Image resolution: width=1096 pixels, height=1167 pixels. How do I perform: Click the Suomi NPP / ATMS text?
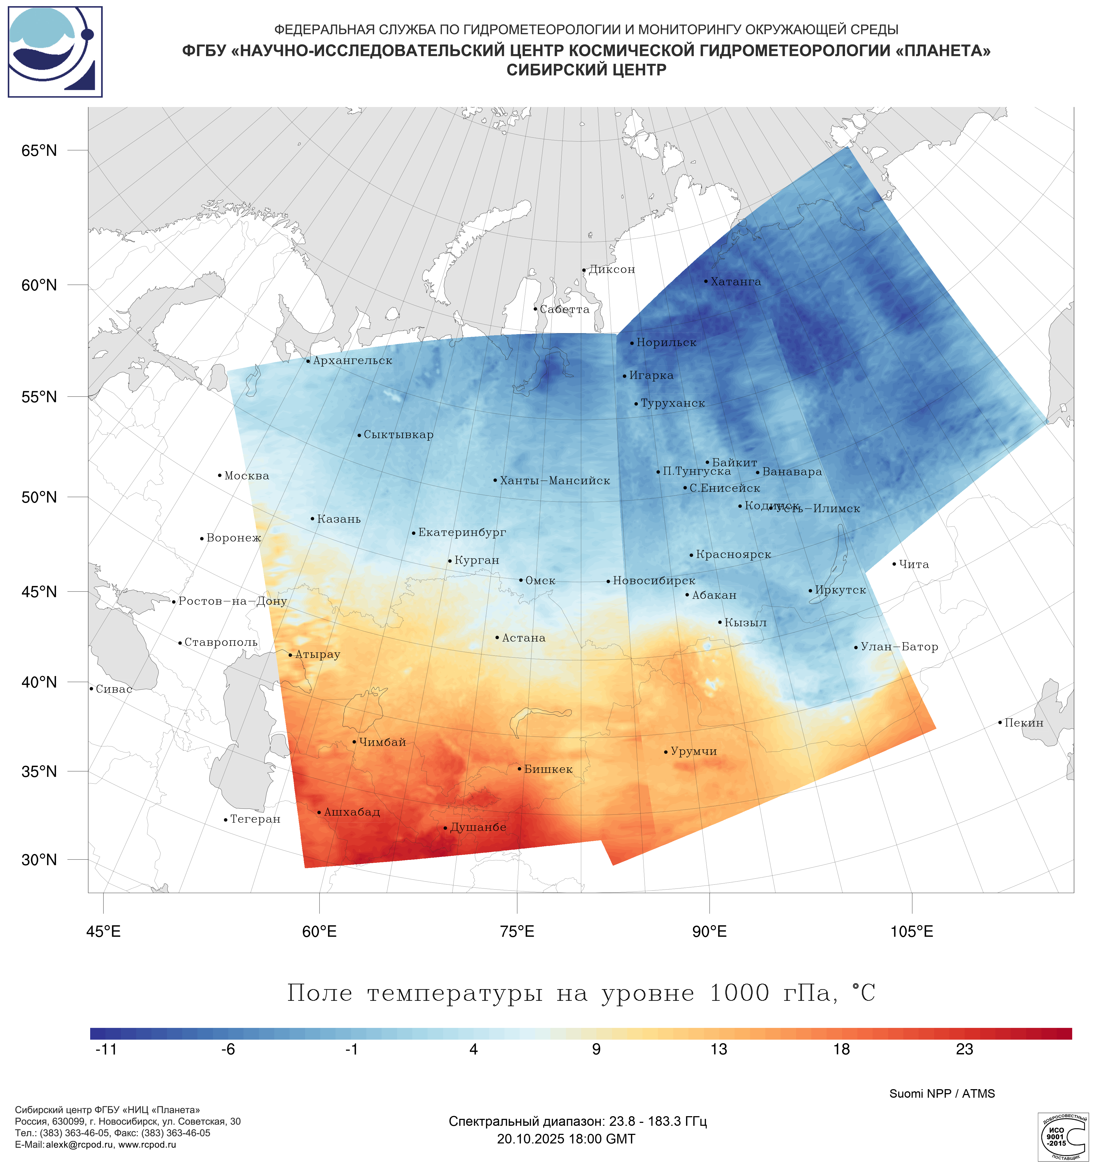tap(942, 1094)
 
